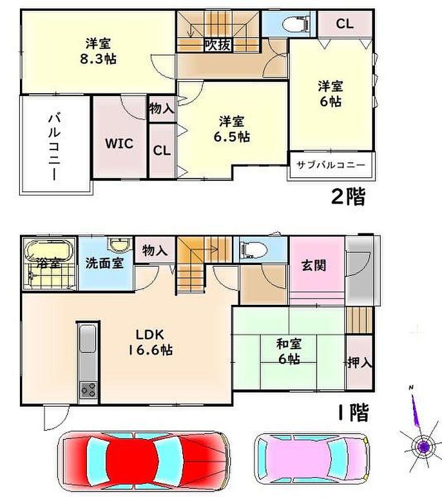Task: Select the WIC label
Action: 119,144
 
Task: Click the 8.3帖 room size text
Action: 98,59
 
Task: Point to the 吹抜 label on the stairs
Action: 217,45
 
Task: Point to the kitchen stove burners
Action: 88,390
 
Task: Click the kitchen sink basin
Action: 88,338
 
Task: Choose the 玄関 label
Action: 314,265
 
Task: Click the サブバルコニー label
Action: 330,165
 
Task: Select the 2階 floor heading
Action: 348,197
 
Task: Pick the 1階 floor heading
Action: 353,413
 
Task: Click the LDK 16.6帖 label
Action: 150,342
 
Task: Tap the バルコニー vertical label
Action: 54,147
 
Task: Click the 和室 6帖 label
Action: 289,351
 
